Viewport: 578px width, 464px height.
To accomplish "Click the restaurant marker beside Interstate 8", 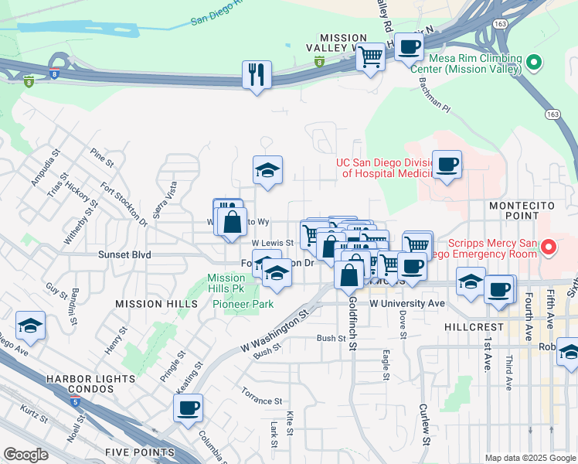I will coord(256,75).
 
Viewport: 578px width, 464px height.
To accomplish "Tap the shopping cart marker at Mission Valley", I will coord(371,56).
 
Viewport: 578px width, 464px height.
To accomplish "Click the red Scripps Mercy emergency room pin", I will coord(549,247).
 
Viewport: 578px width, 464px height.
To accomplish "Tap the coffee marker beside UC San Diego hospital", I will coord(447,164).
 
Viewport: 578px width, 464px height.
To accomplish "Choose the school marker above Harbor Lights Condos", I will coord(30,326).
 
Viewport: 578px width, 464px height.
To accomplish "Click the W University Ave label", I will coord(407,303).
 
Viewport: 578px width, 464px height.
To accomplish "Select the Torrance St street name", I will coord(261,401).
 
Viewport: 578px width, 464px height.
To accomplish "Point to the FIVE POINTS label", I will coord(141,452).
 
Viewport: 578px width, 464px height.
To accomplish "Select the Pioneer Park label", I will coord(243,304).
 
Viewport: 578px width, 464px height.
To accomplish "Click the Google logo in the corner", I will coord(25,455).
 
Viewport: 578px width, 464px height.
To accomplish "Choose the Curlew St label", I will coord(424,425).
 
